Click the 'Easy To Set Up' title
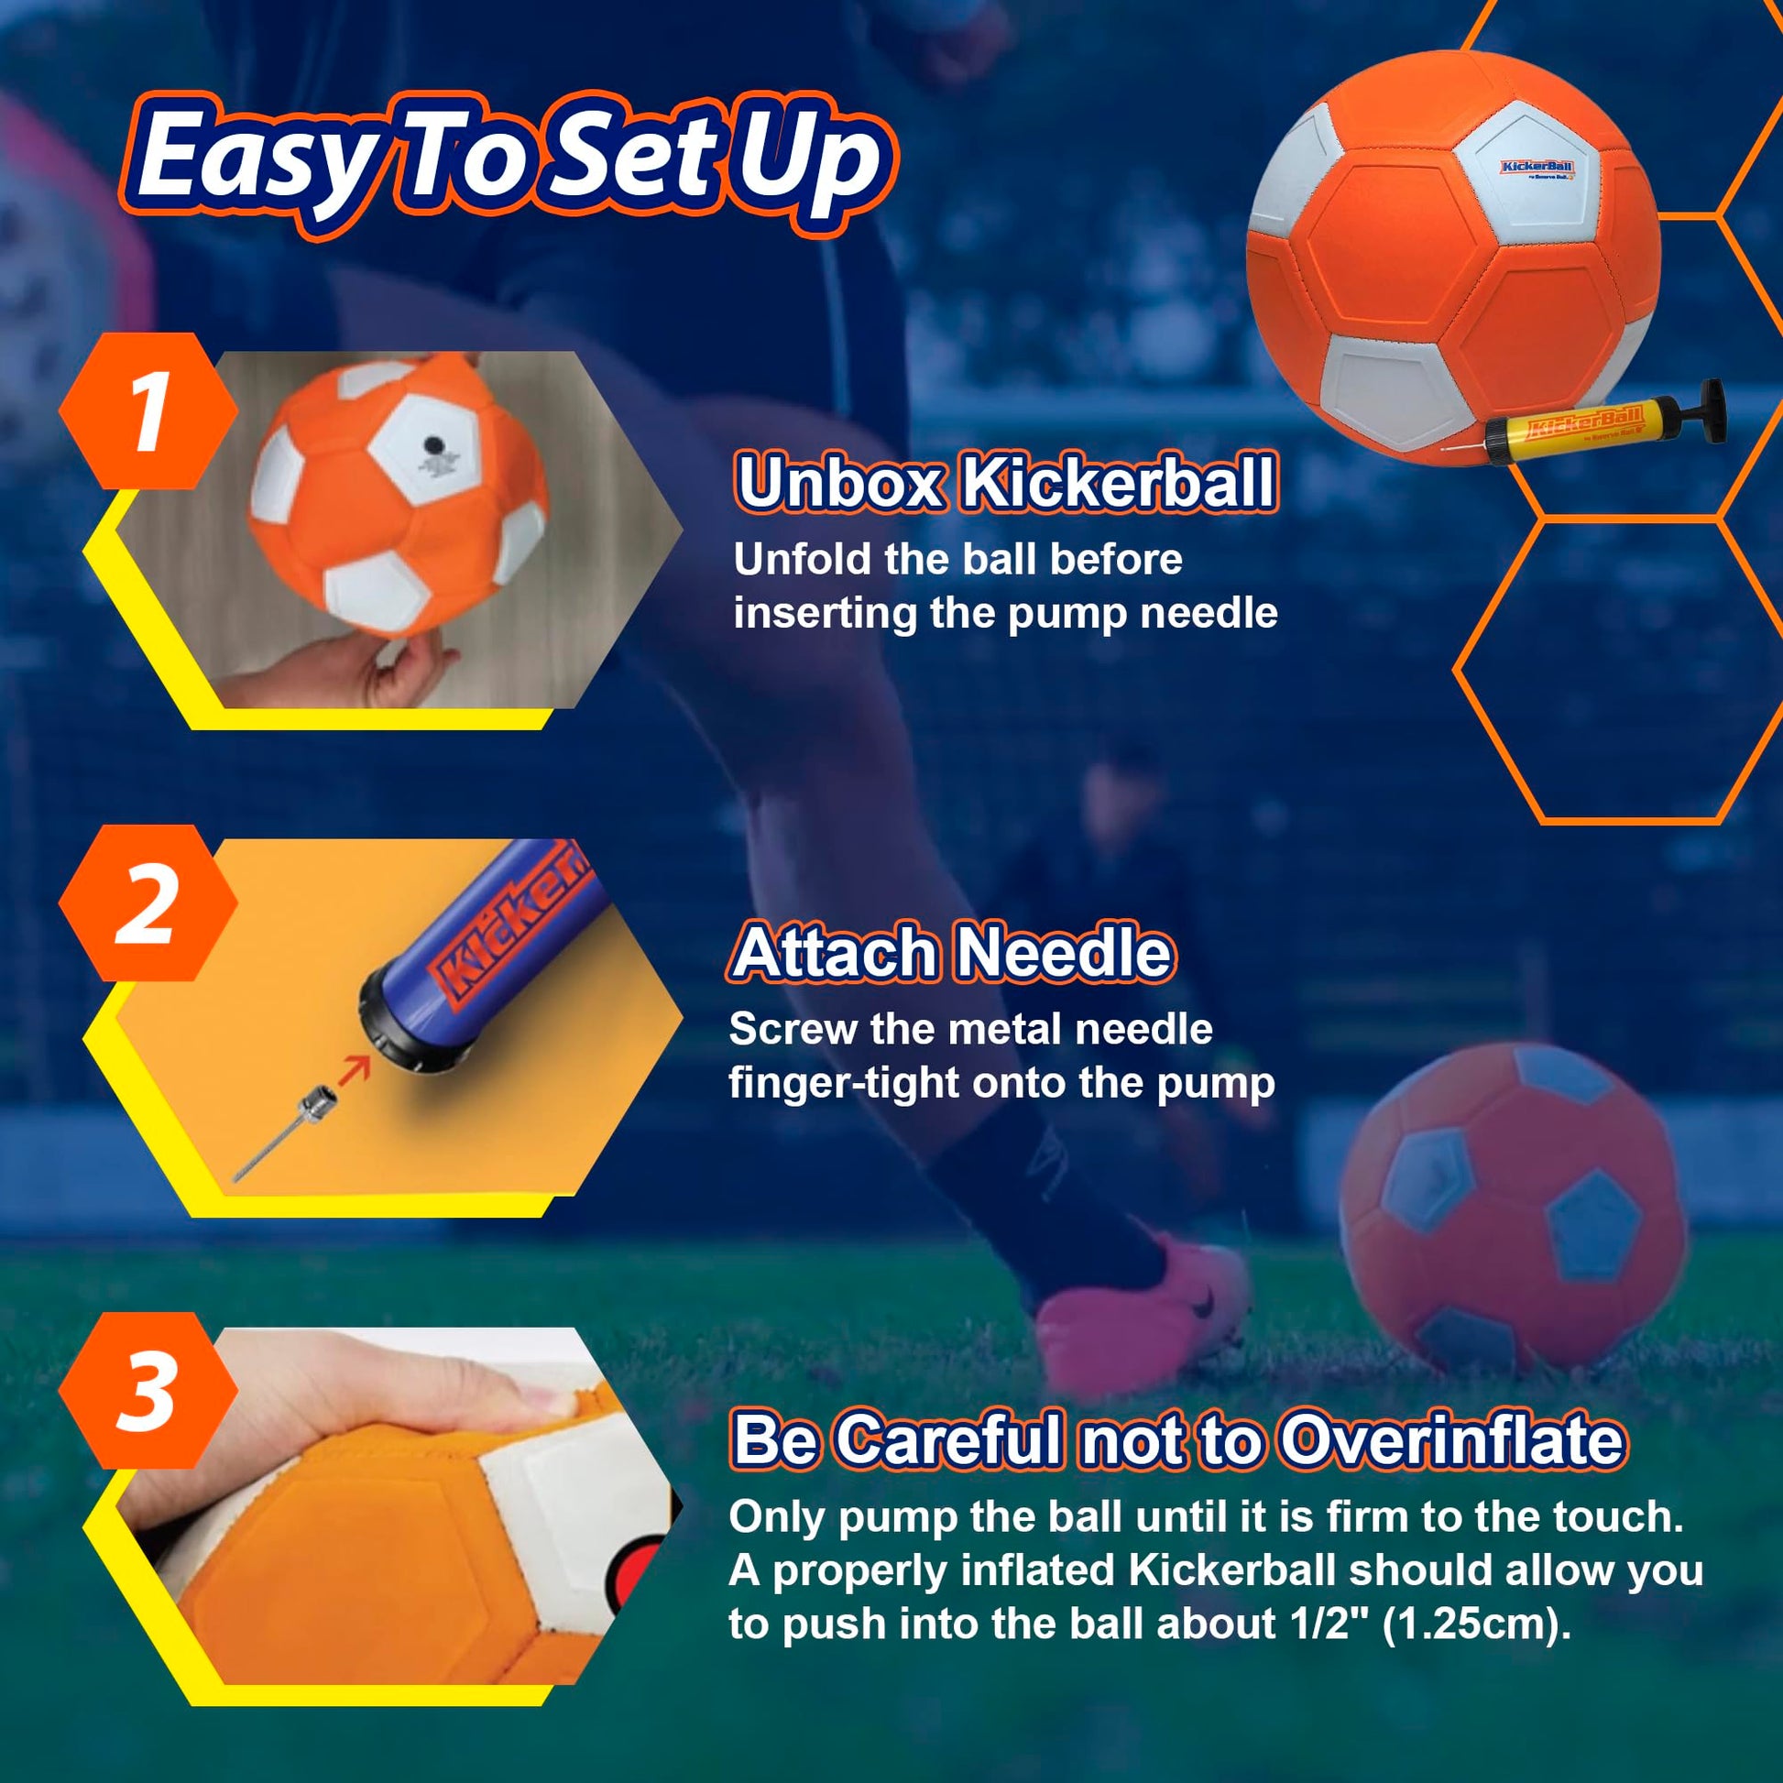[507, 162]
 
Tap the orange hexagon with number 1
[148, 410]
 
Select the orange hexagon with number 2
[148, 902]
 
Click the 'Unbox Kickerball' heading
[1007, 482]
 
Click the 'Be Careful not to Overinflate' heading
[1177, 1438]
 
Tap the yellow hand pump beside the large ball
[1583, 425]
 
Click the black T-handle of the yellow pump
[1705, 410]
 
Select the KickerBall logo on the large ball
[1537, 168]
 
